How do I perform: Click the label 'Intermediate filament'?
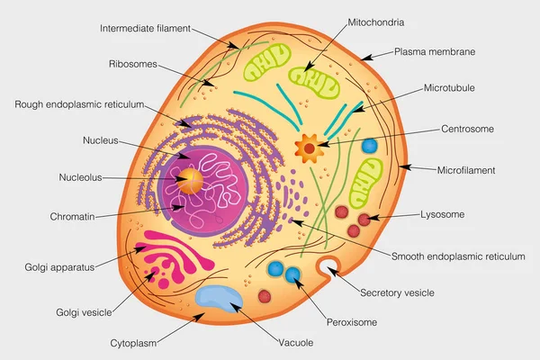click(x=145, y=28)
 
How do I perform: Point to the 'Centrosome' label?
click(x=467, y=129)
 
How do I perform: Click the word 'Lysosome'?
click(x=443, y=215)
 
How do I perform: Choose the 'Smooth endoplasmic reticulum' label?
click(x=458, y=256)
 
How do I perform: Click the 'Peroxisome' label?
click(x=351, y=321)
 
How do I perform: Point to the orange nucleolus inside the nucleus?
click(x=191, y=177)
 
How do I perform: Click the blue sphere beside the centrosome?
click(x=369, y=145)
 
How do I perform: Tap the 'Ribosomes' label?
click(x=132, y=65)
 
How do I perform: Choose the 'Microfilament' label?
click(x=465, y=169)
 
